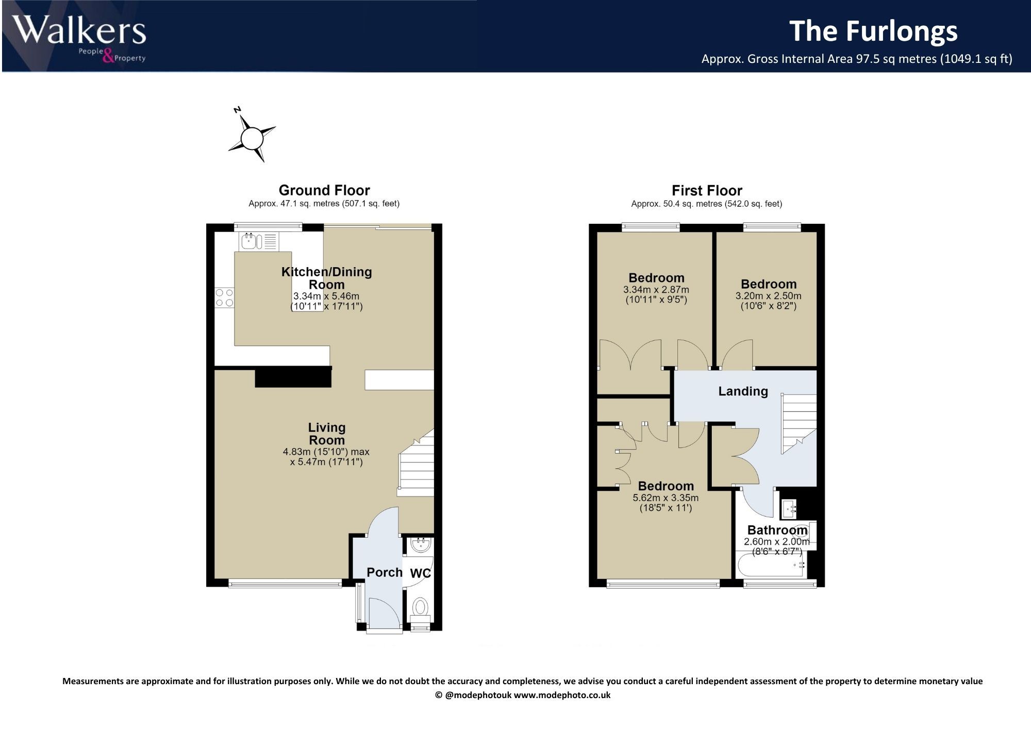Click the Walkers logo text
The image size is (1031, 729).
coord(80,31)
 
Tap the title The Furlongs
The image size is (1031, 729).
coord(874,31)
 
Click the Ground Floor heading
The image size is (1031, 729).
coord(324,190)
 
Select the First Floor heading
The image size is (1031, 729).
coord(707,191)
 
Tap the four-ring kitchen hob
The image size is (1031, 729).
coord(224,297)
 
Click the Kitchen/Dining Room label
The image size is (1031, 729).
coord(327,278)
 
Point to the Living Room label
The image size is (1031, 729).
coord(327,434)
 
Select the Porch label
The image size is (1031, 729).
coord(385,572)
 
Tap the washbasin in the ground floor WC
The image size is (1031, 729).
coord(421,544)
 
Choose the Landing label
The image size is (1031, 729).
coord(743,391)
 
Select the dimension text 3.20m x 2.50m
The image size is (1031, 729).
coord(769,296)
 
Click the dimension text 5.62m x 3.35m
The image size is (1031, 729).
coord(666,498)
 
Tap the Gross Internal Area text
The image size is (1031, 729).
coord(857,59)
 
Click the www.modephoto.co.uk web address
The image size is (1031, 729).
coord(562,695)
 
